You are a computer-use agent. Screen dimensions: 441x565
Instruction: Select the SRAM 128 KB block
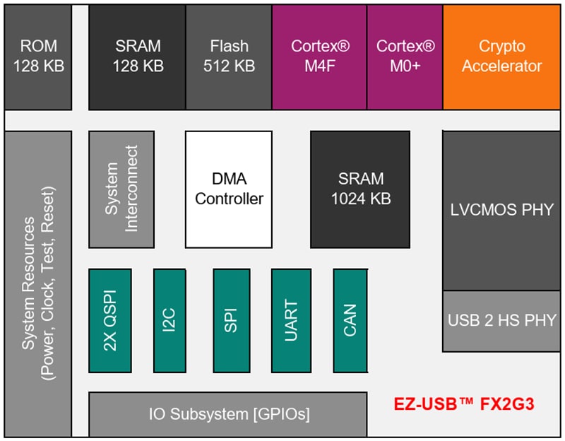138,57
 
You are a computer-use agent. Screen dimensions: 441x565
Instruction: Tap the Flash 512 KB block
229,57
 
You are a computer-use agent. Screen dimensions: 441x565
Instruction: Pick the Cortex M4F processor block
315,57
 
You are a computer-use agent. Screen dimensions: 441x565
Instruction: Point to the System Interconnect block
121,189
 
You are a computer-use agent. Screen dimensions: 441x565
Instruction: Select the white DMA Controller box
229,189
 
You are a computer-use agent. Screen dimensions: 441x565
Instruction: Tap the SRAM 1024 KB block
360,189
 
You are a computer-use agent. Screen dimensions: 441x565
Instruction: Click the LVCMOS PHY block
501,210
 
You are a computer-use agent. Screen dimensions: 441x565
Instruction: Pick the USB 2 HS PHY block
501,321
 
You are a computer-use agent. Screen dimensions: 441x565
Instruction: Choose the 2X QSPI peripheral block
110,320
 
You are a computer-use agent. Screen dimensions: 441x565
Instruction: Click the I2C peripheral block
169,320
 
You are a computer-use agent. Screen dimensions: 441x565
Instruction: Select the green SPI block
232,320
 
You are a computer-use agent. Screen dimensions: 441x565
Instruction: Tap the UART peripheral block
291,320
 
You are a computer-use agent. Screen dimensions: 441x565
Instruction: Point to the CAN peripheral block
351,320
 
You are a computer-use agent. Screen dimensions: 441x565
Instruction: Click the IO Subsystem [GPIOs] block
227,414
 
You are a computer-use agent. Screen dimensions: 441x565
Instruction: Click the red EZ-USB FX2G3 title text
463,406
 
